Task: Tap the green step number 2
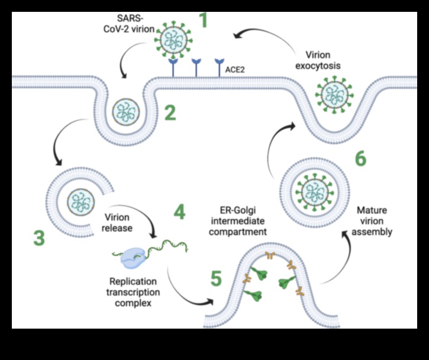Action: pyautogui.click(x=170, y=112)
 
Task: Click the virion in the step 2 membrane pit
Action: pyautogui.click(x=125, y=111)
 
